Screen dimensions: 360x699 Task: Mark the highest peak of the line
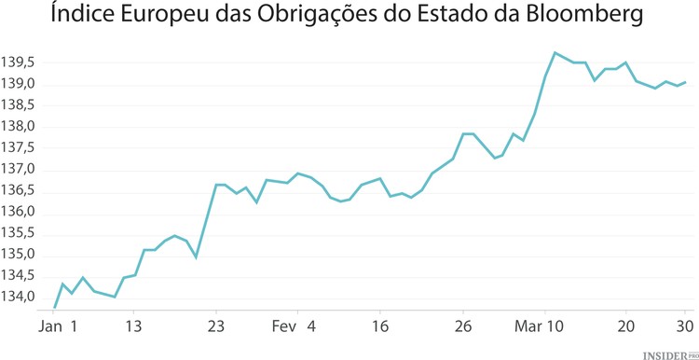(555, 52)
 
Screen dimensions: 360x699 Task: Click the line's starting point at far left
(54, 308)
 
